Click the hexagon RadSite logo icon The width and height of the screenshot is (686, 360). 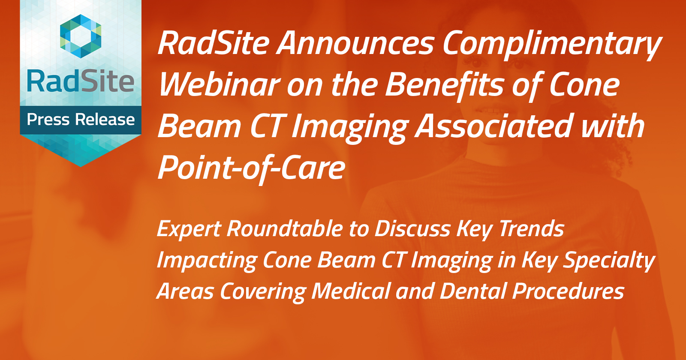click(x=81, y=36)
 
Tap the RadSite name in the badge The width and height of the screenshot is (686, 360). click(x=81, y=81)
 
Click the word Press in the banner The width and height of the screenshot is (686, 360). click(x=48, y=120)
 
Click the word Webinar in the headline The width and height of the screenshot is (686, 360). click(x=219, y=84)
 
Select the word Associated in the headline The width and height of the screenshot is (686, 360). click(x=493, y=126)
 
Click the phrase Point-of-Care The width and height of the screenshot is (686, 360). click(x=252, y=168)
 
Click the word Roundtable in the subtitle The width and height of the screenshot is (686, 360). click(x=285, y=228)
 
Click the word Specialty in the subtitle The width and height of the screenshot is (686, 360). click(x=609, y=261)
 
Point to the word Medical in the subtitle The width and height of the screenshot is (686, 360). click(x=351, y=291)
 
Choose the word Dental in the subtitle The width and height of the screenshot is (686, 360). click(x=473, y=291)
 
